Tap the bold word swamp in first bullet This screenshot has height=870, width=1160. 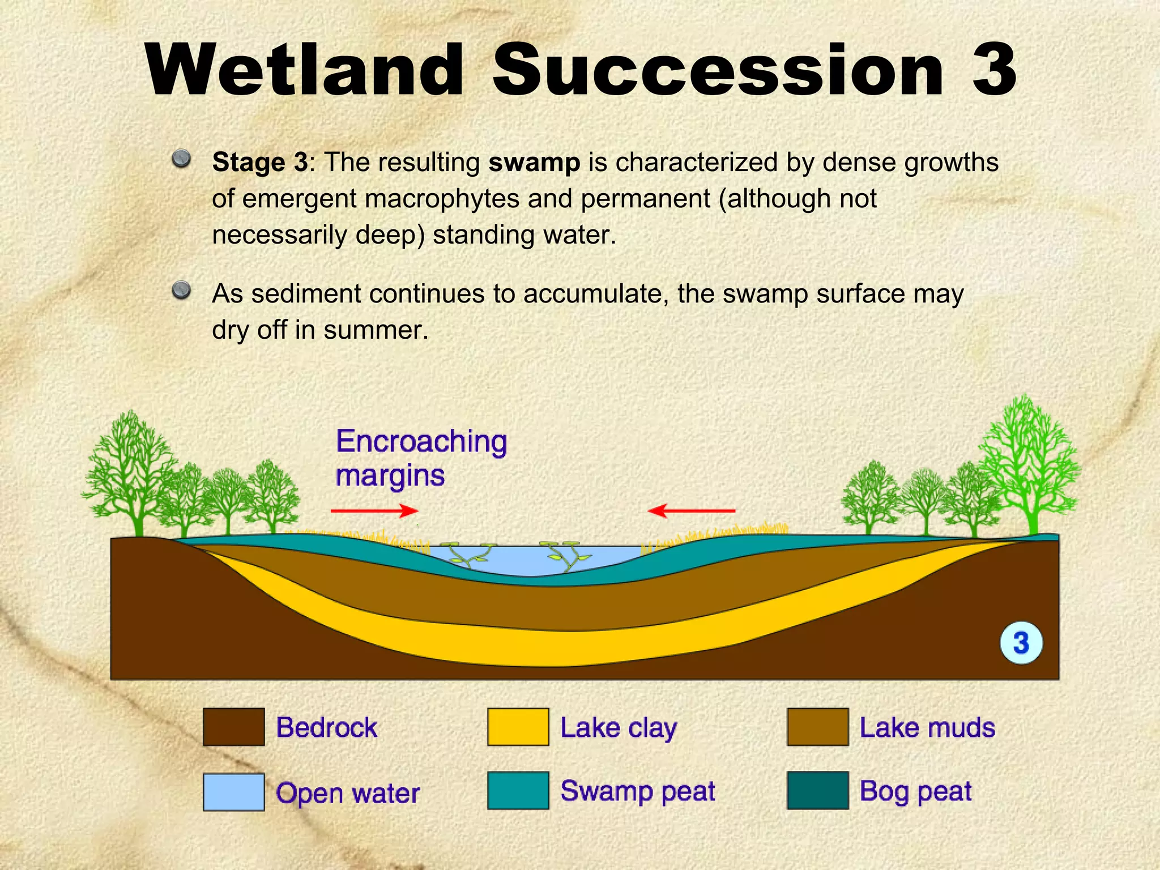coord(534,163)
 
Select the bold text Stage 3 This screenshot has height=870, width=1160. coord(260,163)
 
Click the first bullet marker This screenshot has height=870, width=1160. coord(181,158)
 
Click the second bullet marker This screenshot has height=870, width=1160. coord(181,290)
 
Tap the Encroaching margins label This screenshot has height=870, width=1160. coord(421,458)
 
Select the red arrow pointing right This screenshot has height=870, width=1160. coord(374,511)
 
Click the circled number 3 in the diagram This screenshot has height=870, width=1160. coord(1021,643)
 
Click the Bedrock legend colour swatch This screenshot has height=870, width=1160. coord(233,727)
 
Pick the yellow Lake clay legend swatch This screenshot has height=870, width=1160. coord(518,727)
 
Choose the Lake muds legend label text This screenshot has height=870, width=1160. coord(927,728)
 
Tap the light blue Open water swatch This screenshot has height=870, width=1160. coord(233,792)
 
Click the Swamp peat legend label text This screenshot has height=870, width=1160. coord(638,791)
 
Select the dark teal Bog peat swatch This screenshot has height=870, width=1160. coord(817,790)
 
